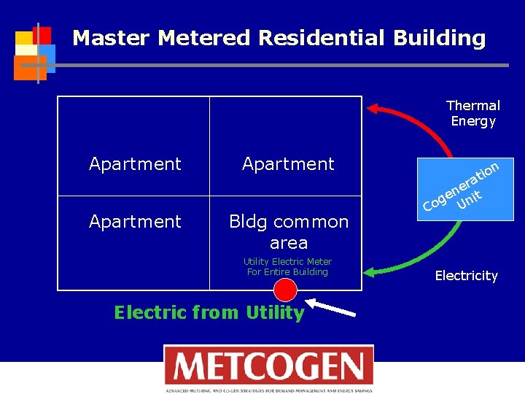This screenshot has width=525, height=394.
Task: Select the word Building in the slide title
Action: click(x=439, y=38)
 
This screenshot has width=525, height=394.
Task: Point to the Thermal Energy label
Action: click(x=472, y=114)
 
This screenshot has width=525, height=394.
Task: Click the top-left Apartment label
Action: click(x=135, y=164)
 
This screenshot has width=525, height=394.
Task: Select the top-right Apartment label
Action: click(x=288, y=164)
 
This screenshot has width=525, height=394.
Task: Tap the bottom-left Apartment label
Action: click(x=135, y=221)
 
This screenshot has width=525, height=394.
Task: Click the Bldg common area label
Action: click(x=289, y=231)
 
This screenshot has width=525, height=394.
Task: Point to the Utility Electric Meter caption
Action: click(x=287, y=266)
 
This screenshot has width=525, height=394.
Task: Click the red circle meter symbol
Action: click(x=286, y=290)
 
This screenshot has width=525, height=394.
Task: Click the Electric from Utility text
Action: click(x=209, y=313)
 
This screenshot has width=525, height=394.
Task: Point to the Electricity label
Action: click(x=466, y=276)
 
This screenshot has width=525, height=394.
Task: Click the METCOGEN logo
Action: click(x=268, y=368)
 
